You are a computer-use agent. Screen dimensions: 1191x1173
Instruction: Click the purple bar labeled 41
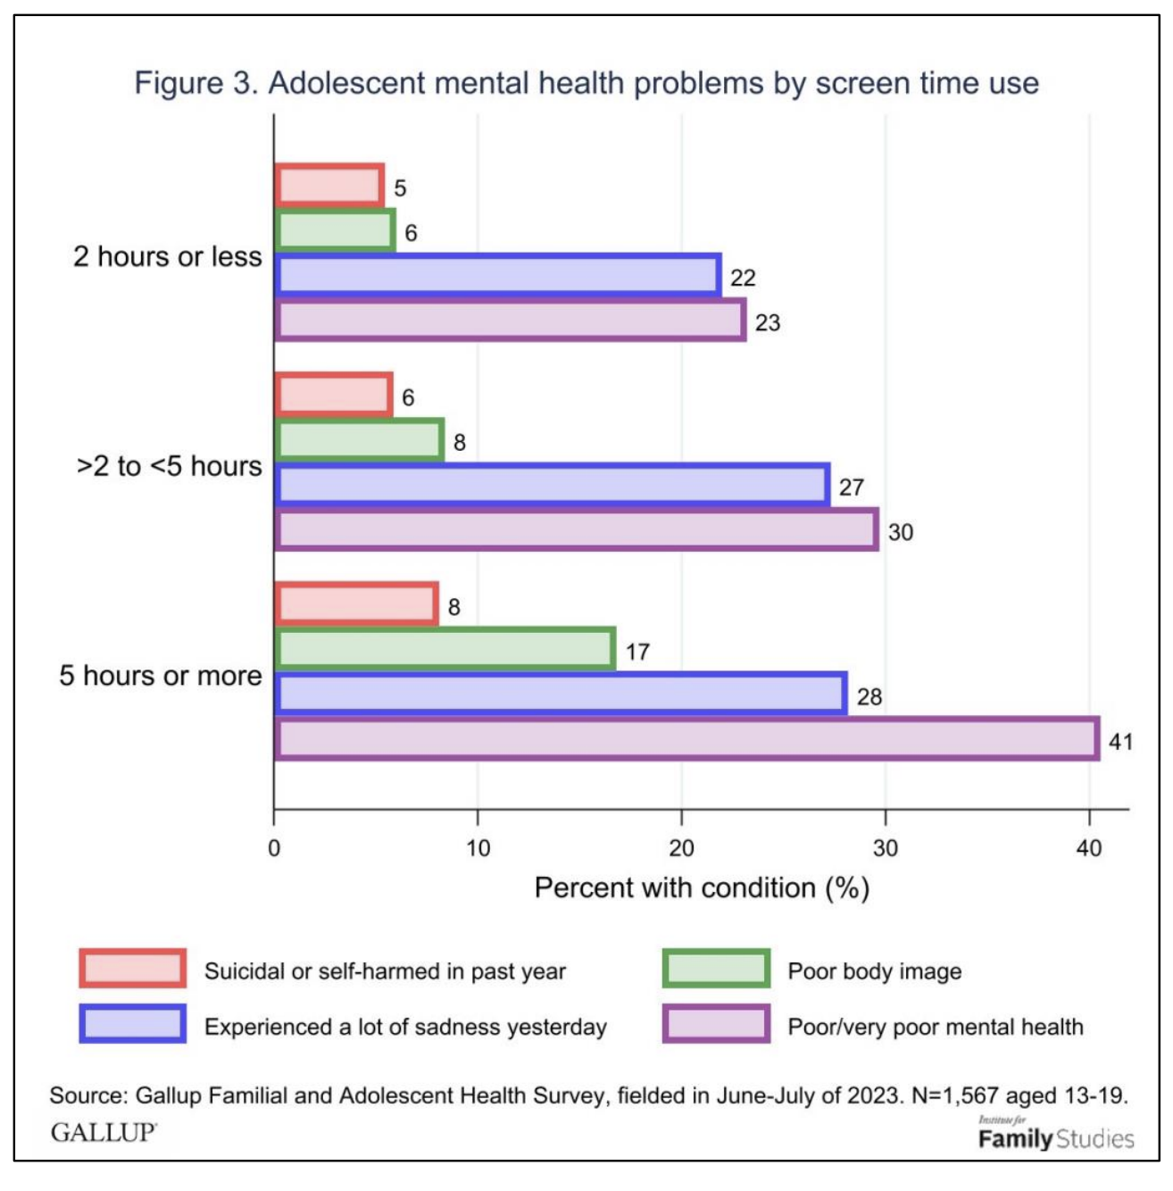(686, 739)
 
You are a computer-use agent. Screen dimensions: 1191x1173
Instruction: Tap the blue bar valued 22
(498, 275)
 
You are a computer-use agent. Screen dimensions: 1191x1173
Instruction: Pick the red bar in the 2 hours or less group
(329, 186)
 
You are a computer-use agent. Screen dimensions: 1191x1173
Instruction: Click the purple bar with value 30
(576, 529)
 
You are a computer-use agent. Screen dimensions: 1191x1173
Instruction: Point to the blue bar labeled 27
(552, 485)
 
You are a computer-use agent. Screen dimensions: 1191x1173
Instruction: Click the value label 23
(767, 322)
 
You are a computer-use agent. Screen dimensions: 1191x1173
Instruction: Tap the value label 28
(869, 696)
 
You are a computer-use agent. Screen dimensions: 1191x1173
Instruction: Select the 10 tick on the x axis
(478, 847)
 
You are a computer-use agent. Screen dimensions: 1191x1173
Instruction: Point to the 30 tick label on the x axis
(885, 847)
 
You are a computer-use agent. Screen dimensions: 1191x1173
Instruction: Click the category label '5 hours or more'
(161, 676)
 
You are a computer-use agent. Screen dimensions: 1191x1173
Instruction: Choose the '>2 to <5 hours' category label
(170, 466)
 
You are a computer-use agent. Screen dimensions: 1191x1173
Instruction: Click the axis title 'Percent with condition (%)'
(702, 888)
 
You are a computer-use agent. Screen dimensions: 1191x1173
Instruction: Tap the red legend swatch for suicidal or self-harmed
(132, 969)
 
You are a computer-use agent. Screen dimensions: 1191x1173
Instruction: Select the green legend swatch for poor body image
(716, 969)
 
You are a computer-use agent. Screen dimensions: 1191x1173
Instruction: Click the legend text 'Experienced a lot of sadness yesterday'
(405, 1027)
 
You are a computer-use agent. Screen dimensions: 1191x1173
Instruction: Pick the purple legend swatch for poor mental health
(716, 1024)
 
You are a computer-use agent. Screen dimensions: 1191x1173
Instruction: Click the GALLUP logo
(104, 1132)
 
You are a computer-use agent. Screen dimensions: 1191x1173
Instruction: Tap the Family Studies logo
(1055, 1136)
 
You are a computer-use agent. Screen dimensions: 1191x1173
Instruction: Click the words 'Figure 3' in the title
(195, 83)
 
